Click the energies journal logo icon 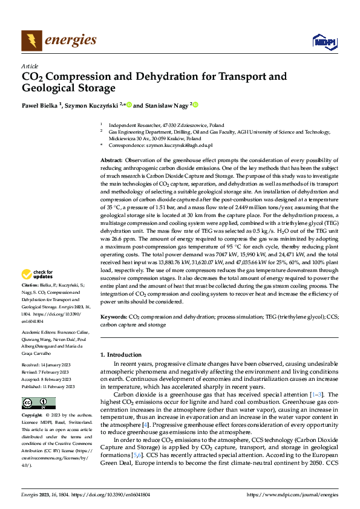pyautogui.click(x=31, y=41)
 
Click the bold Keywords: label pyautogui.click(x=114, y=316)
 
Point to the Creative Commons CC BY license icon pyautogui.click(x=38, y=386)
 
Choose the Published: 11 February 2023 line pyautogui.click(x=48, y=369)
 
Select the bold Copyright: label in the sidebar pyautogui.click(x=33, y=399)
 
